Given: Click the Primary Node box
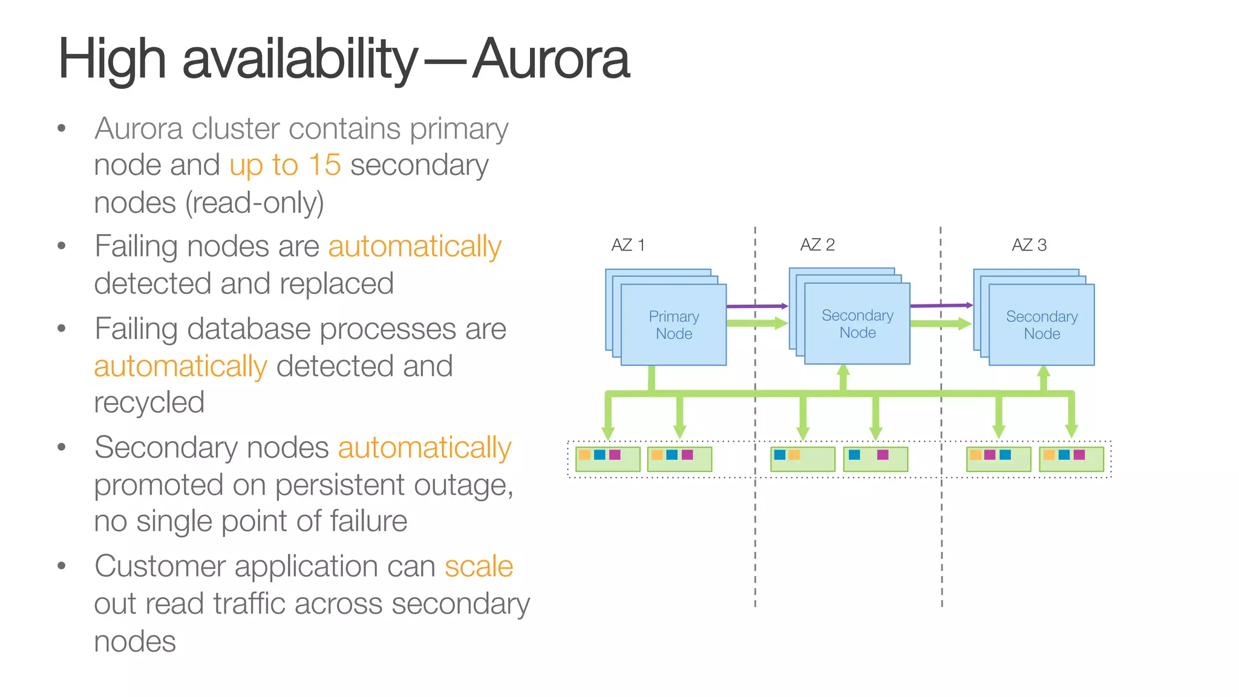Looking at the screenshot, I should click(673, 325).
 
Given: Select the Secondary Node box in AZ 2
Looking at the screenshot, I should click(857, 324).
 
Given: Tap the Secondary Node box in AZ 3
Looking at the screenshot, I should click(1041, 325).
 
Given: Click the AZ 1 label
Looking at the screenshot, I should click(628, 245).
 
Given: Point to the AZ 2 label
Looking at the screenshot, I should click(817, 244).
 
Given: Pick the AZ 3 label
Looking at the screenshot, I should click(1029, 245).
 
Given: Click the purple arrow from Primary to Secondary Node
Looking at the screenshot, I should click(757, 306).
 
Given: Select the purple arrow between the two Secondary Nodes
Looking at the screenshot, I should click(941, 306).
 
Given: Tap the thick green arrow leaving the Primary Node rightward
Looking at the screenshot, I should click(756, 324).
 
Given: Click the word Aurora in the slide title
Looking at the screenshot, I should click(551, 59).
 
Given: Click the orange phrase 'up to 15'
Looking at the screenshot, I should click(285, 165).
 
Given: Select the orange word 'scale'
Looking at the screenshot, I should click(479, 566).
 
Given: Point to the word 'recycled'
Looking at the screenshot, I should click(149, 402).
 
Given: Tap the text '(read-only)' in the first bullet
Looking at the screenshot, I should click(255, 203).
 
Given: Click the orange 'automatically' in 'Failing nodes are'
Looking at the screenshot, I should click(414, 246).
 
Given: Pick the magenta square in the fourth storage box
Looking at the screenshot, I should click(883, 454).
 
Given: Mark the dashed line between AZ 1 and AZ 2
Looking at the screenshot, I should click(755, 514).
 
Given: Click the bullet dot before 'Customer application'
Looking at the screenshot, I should click(61, 566).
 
